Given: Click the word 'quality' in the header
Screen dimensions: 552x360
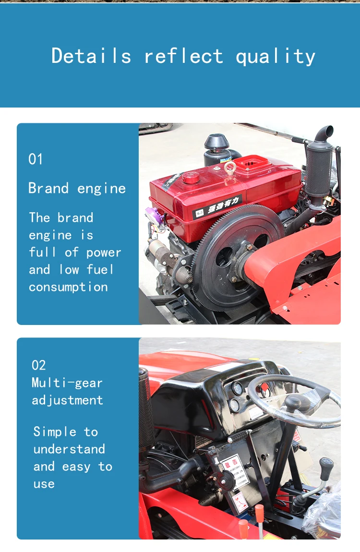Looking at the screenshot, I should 276,57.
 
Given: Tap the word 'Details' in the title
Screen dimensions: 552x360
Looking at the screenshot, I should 91,56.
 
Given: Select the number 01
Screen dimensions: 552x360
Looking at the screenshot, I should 36,159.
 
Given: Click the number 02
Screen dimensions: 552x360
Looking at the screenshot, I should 38,365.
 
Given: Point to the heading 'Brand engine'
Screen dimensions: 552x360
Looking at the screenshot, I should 77,188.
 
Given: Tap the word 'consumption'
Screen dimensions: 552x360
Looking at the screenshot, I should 68,287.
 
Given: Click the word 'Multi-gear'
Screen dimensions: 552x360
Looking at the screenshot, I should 67,383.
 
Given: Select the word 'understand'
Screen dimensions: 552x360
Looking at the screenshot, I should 69,449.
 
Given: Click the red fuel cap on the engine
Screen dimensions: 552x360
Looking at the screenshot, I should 191,178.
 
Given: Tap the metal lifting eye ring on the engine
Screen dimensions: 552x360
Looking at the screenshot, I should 230,168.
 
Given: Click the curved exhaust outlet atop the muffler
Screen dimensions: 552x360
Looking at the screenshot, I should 324,132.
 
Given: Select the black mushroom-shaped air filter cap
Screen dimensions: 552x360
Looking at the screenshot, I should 216,142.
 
